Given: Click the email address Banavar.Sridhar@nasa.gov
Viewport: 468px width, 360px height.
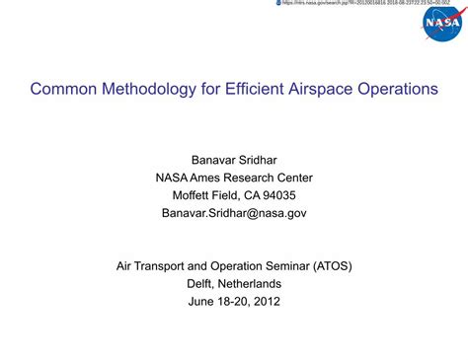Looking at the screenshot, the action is [234, 213].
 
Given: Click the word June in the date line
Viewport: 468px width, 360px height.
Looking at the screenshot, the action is [202, 302].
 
